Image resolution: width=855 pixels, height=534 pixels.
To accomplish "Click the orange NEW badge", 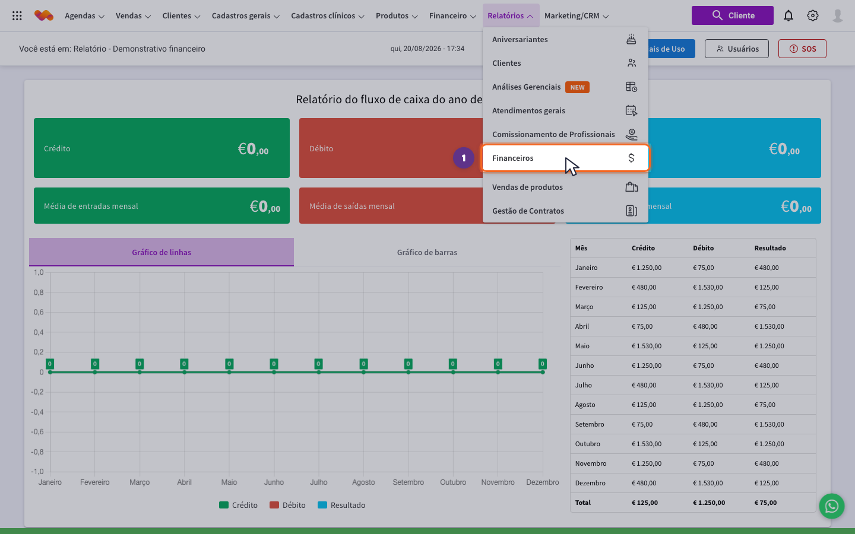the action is click(x=577, y=87).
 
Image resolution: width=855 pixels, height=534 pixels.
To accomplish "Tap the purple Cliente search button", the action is click(x=733, y=15).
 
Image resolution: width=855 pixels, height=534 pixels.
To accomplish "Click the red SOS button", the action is click(x=802, y=49).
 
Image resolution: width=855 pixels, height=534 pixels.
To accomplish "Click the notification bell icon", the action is click(x=788, y=15).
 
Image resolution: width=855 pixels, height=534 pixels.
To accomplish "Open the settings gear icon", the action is click(x=813, y=15).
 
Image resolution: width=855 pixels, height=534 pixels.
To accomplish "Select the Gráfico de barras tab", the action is click(x=427, y=252).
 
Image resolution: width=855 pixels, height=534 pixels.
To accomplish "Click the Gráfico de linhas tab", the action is click(x=161, y=252).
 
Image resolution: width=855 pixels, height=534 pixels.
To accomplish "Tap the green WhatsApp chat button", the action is click(x=832, y=506).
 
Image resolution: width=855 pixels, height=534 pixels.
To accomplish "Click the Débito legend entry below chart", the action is click(x=287, y=505).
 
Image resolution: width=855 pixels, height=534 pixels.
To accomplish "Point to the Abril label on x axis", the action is click(x=184, y=482).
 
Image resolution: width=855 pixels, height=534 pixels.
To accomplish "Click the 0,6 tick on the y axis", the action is click(x=39, y=312).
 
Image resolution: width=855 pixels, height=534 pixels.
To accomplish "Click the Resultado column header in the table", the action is click(x=770, y=248).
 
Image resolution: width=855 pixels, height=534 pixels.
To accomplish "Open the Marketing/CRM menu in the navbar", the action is click(x=577, y=15).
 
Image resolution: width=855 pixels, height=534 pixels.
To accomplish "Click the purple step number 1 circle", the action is click(x=463, y=158).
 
